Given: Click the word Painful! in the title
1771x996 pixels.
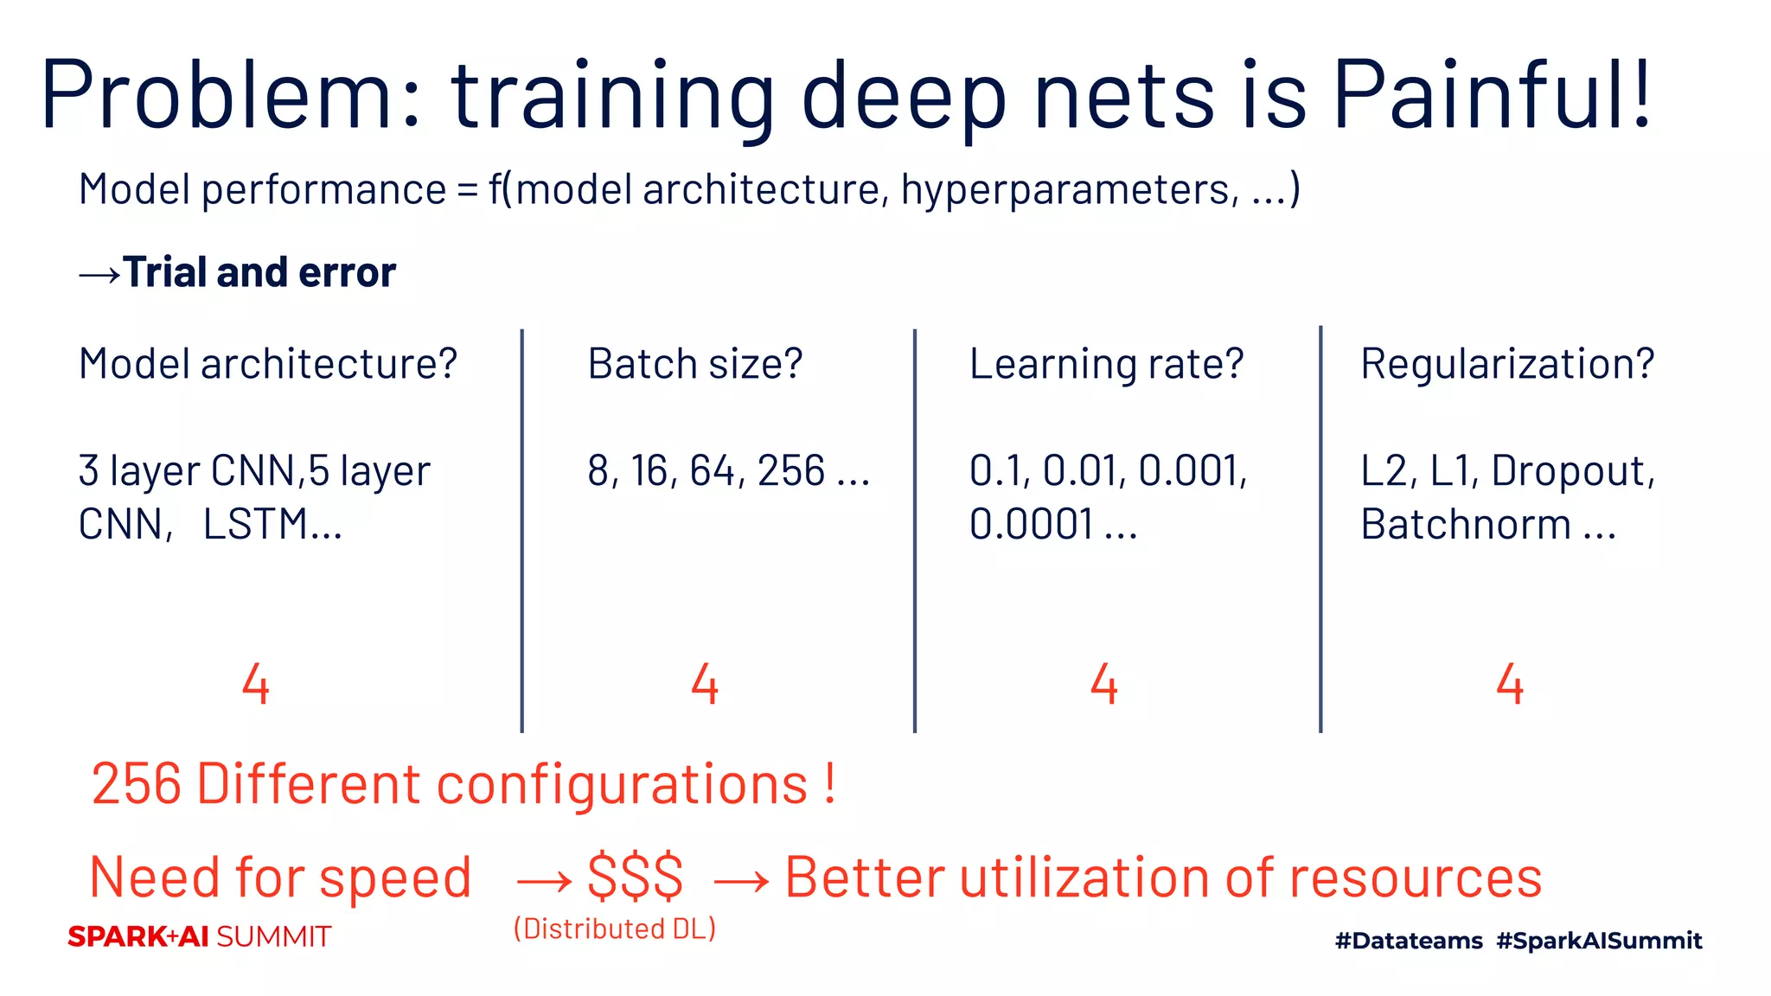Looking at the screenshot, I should click(1492, 95).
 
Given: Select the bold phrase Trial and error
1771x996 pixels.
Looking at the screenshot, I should click(259, 272).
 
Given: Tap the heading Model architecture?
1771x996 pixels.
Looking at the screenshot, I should click(267, 364).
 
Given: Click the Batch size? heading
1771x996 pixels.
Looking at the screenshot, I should click(694, 364).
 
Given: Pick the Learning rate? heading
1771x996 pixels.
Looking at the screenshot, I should click(1106, 364).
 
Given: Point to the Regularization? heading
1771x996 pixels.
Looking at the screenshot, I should click(1506, 364).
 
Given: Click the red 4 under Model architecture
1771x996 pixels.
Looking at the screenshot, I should click(256, 685).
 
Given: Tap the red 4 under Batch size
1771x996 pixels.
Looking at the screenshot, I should click(705, 685).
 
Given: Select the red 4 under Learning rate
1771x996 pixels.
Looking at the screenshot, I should click(1104, 685).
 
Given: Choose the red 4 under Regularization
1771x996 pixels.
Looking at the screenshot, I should click(1510, 685).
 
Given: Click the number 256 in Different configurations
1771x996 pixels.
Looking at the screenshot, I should click(137, 784).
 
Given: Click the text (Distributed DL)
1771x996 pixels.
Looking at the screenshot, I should click(615, 929).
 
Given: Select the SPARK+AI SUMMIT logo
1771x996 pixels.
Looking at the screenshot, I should click(200, 936).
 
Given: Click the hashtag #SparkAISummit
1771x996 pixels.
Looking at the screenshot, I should click(1599, 941).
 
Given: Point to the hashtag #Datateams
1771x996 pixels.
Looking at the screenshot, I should click(1409, 941).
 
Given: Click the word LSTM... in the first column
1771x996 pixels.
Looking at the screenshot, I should click(272, 525).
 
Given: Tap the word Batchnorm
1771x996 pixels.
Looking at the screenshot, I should click(1466, 525).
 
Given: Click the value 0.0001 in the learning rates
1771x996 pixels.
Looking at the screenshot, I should click(1031, 525).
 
